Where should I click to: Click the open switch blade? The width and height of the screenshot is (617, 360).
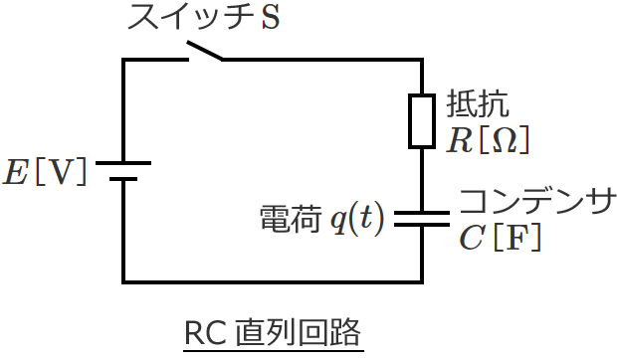pos(203,50)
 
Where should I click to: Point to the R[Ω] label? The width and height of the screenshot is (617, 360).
pos(487,140)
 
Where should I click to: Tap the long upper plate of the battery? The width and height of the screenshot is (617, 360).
pos(123,162)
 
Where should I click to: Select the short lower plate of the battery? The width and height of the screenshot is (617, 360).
pos(123,180)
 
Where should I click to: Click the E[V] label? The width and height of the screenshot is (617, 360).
pos(45,171)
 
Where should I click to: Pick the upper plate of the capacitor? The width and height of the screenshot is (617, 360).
pos(423,212)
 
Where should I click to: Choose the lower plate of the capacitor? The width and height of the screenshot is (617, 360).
pos(423,226)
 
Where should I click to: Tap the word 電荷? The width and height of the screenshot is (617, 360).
pos(291,219)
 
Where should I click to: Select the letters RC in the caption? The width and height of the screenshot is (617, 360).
pos(206,333)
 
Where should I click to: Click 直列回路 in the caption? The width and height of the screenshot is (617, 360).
pos(298,333)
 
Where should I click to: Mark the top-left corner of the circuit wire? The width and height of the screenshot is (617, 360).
pos(123,60)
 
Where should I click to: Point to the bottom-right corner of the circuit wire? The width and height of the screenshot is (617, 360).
pos(423,279)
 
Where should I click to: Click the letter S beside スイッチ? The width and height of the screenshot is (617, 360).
pos(270,19)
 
